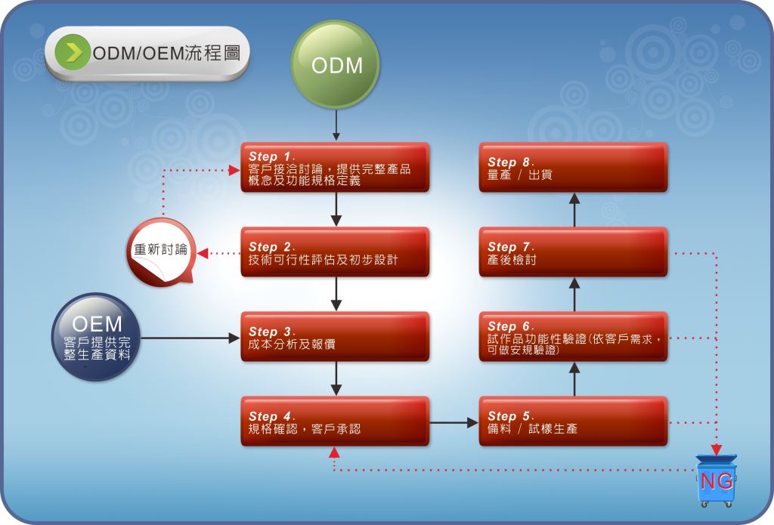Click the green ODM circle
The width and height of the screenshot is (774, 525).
tap(335, 65)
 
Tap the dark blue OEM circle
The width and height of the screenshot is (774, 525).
tap(96, 337)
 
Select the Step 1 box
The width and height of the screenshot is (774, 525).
tap(335, 167)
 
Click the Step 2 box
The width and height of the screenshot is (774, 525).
tap(335, 252)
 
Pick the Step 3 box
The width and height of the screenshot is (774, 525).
tap(335, 336)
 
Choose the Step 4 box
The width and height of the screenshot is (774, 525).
tap(335, 422)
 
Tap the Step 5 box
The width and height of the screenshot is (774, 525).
tap(573, 422)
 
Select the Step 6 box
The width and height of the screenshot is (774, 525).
tap(573, 336)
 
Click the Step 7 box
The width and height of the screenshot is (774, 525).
tap(573, 252)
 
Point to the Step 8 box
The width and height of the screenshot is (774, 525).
tap(573, 167)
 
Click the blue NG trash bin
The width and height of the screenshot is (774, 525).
tap(717, 480)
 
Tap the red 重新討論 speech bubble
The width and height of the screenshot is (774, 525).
tap(162, 252)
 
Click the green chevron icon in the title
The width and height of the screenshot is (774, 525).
tap(73, 52)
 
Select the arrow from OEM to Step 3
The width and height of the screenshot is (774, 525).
tap(190, 338)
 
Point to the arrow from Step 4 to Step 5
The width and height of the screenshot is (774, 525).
tap(454, 422)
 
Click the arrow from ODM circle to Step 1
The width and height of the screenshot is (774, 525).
tap(336, 125)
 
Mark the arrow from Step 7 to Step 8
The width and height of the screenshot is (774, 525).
tap(574, 210)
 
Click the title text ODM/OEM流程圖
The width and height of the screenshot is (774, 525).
tap(166, 52)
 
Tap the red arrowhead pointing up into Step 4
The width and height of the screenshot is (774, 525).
tap(334, 452)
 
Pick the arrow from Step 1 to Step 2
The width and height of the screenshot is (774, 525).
tap(336, 210)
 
